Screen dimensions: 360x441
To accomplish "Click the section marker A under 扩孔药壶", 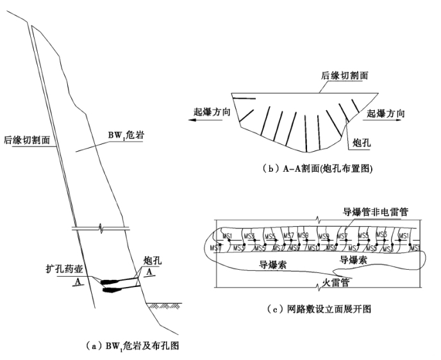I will click(x=78, y=281).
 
